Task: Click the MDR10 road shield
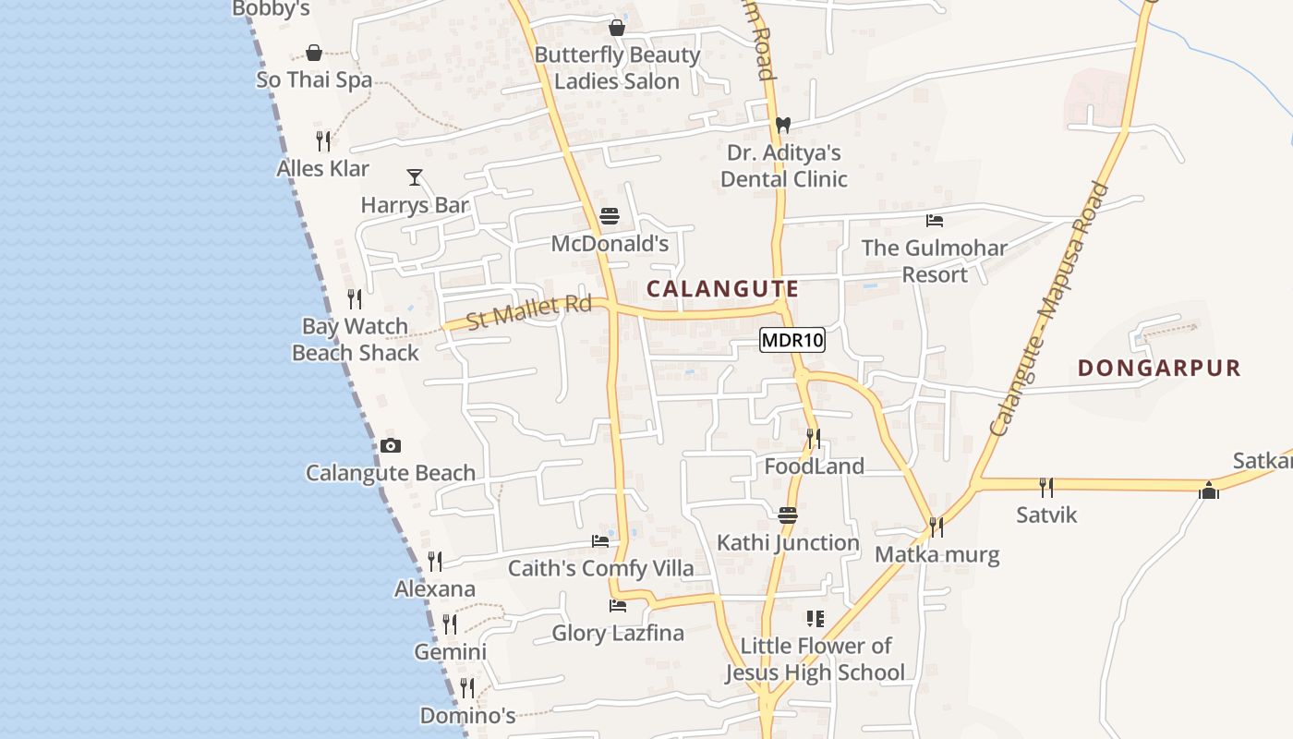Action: pyautogui.click(x=792, y=340)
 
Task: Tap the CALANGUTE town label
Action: pyautogui.click(x=722, y=289)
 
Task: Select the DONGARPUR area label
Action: pyautogui.click(x=1159, y=369)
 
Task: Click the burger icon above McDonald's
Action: pyautogui.click(x=610, y=217)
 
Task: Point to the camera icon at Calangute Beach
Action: pyautogui.click(x=391, y=446)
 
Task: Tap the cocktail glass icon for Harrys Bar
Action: pyautogui.click(x=415, y=177)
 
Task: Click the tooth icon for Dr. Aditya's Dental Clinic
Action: pyautogui.click(x=783, y=125)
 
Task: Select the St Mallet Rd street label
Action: pyautogui.click(x=528, y=311)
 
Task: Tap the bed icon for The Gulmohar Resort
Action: pyautogui.click(x=935, y=221)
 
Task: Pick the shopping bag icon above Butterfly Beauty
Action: pyautogui.click(x=617, y=29)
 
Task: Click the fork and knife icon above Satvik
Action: pyautogui.click(x=1045, y=487)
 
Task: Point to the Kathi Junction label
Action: pyautogui.click(x=788, y=543)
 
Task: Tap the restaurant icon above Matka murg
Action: pyautogui.click(x=937, y=527)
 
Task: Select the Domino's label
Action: pyautogui.click(x=467, y=716)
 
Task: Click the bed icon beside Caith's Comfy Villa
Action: pyautogui.click(x=600, y=541)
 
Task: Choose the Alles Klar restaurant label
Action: pyautogui.click(x=323, y=169)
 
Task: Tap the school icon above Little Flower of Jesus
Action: pyautogui.click(x=815, y=618)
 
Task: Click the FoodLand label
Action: pyautogui.click(x=814, y=466)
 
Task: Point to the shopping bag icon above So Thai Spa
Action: pyautogui.click(x=314, y=53)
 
